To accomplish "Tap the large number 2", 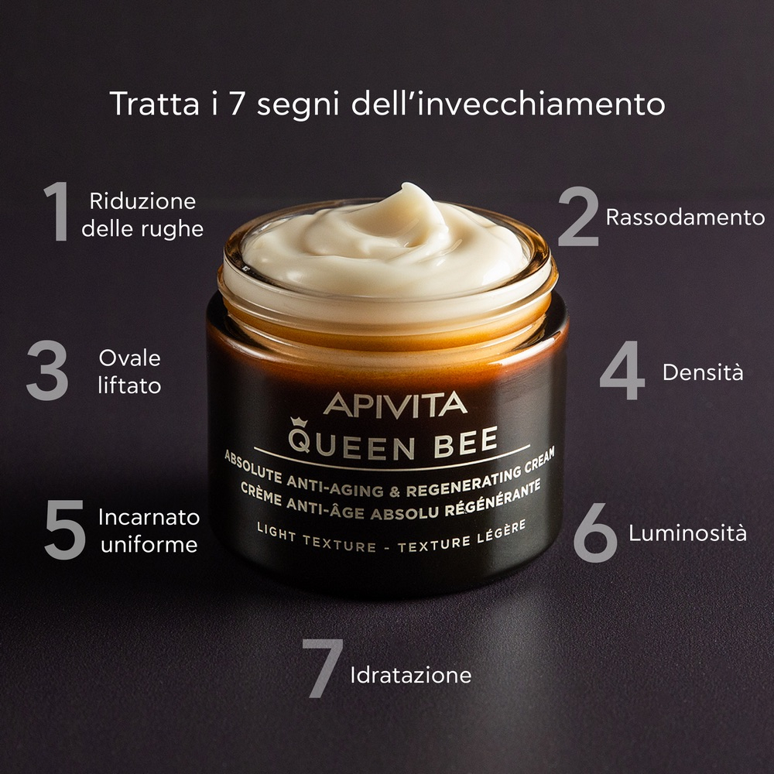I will tap(578, 218).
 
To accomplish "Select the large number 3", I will tap(47, 372).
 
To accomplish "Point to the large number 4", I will tap(622, 372).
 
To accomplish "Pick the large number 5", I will tap(64, 529).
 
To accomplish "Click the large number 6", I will tap(595, 533).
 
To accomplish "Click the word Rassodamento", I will tap(685, 217).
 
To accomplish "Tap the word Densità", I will tap(703, 372).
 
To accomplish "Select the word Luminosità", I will tap(687, 533).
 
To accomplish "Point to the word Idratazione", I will tap(410, 675).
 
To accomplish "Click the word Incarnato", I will tap(149, 517).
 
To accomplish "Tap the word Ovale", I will tap(130, 358).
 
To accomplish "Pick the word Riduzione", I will tap(143, 202).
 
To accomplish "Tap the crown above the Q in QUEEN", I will tap(298, 423).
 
